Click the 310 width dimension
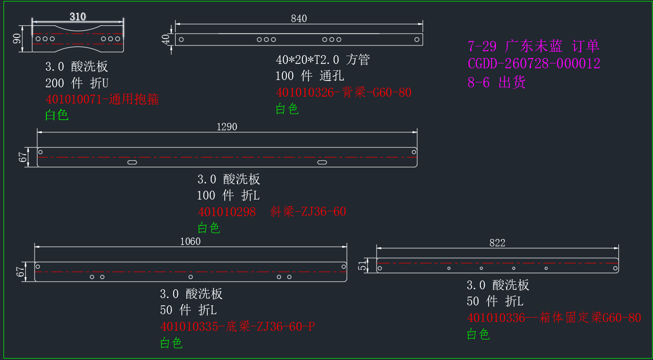pos(78,17)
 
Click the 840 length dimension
pos(299,19)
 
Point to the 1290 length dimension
pos(227,127)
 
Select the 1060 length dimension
pos(190,241)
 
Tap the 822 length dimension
pos(497,243)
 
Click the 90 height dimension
pos(17,39)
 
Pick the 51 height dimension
pos(362,265)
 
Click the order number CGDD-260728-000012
pos(534,64)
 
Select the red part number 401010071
pos(74,100)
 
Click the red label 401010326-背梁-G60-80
pos(343,92)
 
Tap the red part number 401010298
pos(227,212)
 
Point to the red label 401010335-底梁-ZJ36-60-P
pos(237,326)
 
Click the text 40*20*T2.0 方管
pos(323,60)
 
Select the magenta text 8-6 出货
pos(496,82)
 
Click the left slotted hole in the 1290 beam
pos(132,162)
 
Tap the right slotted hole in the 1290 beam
pos(322,162)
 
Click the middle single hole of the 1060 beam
pos(190,277)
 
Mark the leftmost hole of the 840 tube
pos(181,40)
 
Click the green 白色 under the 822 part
pos(478,334)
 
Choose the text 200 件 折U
pos(77,83)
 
